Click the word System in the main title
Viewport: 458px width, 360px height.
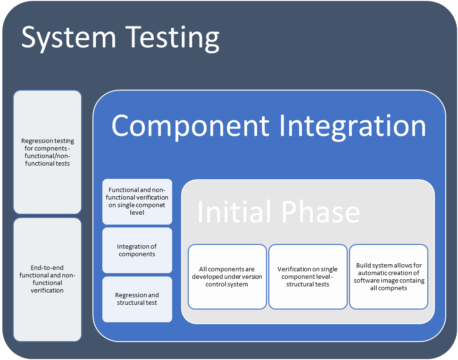(69, 38)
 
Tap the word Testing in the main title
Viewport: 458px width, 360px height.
(173, 38)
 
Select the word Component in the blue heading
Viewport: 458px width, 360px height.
(191, 126)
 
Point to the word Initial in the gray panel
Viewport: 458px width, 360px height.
(235, 212)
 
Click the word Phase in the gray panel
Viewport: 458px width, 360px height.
(321, 212)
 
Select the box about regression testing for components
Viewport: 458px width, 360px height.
(47, 152)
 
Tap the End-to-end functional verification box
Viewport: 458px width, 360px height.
(47, 279)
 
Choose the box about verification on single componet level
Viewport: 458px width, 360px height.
(137, 201)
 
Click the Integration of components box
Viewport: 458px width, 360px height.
(137, 251)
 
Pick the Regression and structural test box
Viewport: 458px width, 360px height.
(137, 299)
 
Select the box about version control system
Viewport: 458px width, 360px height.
(227, 276)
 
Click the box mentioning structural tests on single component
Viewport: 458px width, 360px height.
(308, 276)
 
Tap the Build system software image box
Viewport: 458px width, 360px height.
(389, 276)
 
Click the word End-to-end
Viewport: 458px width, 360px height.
(47, 268)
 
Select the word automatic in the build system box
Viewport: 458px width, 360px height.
(372, 273)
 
